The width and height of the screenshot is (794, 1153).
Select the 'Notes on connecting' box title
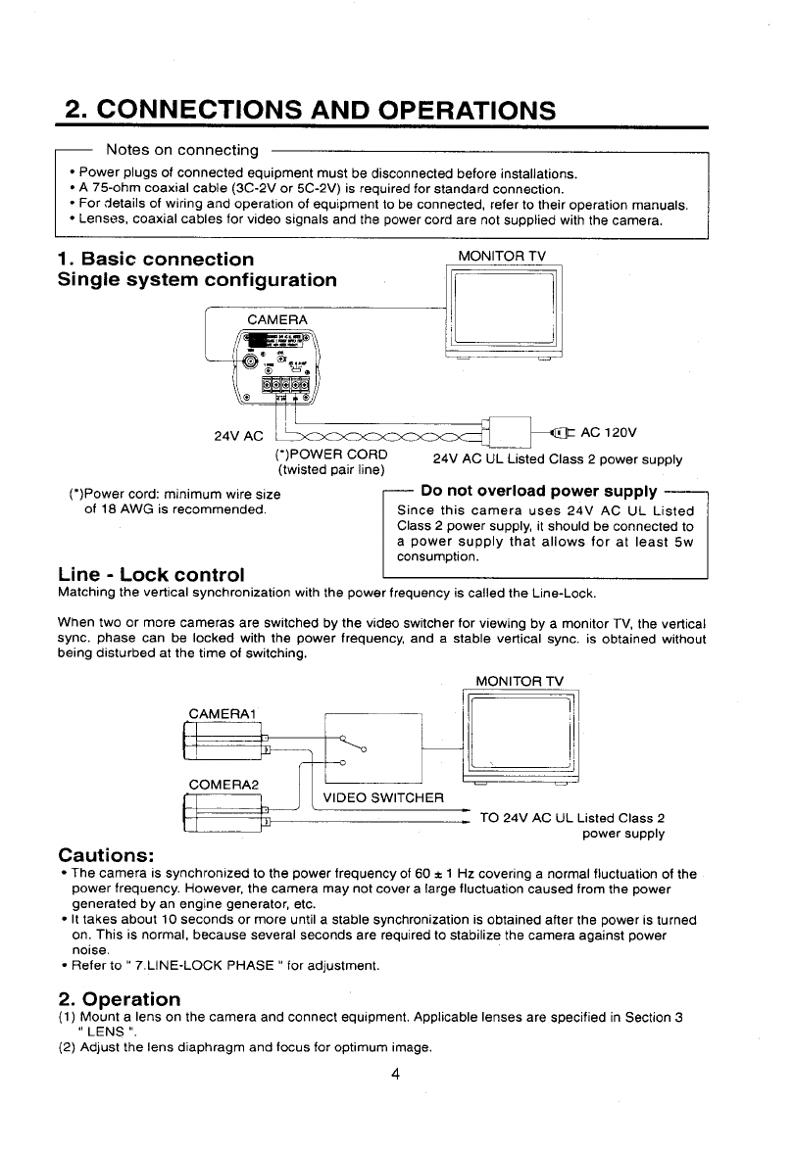[x=181, y=150]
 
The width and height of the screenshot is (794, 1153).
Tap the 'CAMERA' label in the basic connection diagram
[x=277, y=319]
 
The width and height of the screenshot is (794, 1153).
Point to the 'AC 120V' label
[x=609, y=431]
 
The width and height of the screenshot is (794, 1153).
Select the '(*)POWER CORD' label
[x=328, y=455]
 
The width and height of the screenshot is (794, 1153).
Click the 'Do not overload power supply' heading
[x=538, y=491]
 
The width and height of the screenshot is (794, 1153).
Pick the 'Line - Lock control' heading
[x=152, y=573]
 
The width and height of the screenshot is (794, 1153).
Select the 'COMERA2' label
[x=223, y=785]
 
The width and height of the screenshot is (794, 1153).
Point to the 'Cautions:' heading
[x=107, y=853]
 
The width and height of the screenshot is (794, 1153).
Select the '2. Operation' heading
[x=119, y=999]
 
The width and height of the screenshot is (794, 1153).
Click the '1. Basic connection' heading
[x=155, y=260]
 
